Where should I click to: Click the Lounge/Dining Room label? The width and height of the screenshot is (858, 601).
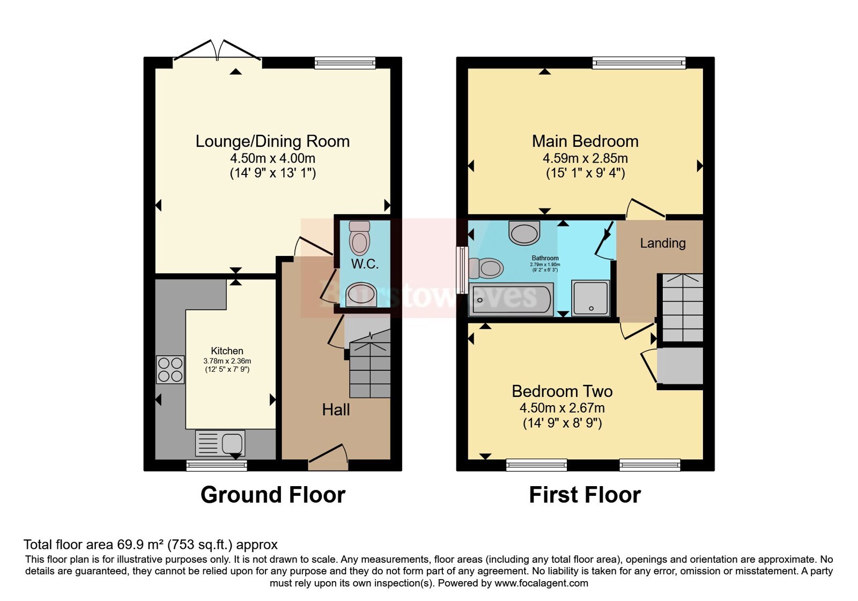[x=272, y=141]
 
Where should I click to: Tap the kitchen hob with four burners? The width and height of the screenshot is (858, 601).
[x=170, y=369]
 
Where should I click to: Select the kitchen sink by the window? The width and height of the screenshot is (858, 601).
[x=221, y=444]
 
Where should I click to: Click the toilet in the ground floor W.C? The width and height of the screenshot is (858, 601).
[x=359, y=238]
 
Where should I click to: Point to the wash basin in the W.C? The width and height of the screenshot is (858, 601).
[x=361, y=295]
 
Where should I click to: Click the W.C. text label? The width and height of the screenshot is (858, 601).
[x=365, y=263]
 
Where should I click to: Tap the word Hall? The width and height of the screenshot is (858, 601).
[x=336, y=410]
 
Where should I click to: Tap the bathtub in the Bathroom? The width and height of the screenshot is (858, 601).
[x=512, y=299]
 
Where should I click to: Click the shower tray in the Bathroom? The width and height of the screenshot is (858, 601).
[x=590, y=297]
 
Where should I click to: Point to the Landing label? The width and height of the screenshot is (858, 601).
[x=663, y=243]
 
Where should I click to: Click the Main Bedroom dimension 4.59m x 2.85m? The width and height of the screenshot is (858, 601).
[x=585, y=158]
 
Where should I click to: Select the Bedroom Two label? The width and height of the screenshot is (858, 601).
[x=562, y=391]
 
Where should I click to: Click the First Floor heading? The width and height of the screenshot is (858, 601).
[x=585, y=495]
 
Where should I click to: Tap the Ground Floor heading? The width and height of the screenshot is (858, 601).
[x=272, y=495]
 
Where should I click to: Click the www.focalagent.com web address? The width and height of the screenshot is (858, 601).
[x=541, y=583]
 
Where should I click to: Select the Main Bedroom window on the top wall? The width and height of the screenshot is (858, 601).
[x=639, y=63]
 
